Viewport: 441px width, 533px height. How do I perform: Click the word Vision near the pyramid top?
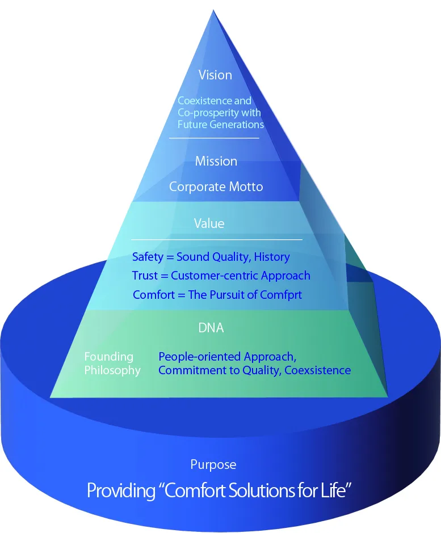[215, 75]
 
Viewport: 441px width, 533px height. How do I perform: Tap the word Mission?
[216, 161]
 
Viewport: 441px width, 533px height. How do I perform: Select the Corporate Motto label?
[216, 187]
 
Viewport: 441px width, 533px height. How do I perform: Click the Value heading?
[209, 223]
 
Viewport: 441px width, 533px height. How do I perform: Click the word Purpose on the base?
[213, 465]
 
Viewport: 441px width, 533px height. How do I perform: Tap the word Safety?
[148, 257]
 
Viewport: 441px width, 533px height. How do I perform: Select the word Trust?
[145, 276]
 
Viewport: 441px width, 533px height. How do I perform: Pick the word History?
[272, 257]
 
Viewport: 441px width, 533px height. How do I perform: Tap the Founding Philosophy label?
[112, 363]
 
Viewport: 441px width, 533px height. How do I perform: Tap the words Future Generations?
[221, 124]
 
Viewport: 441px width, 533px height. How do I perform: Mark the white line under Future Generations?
[214, 138]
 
